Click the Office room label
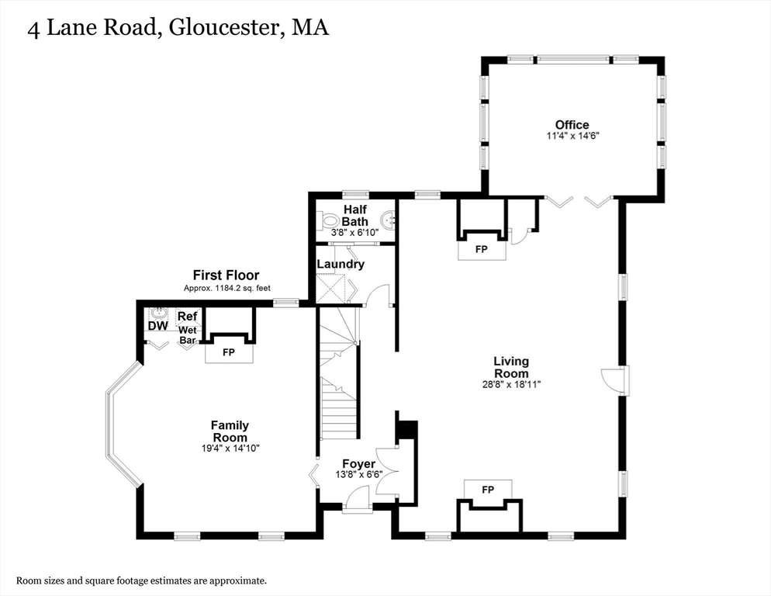(572, 124)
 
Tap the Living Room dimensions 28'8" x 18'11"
(511, 383)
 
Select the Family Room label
(230, 431)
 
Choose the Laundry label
(341, 264)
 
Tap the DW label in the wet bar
(158, 326)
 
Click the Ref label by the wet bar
(187, 317)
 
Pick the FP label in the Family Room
(229, 352)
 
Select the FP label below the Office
(482, 250)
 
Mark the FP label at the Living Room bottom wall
(488, 490)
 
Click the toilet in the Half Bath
(327, 220)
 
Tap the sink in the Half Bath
(388, 220)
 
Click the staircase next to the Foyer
(339, 388)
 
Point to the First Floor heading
(226, 275)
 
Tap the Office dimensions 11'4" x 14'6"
(572, 136)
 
